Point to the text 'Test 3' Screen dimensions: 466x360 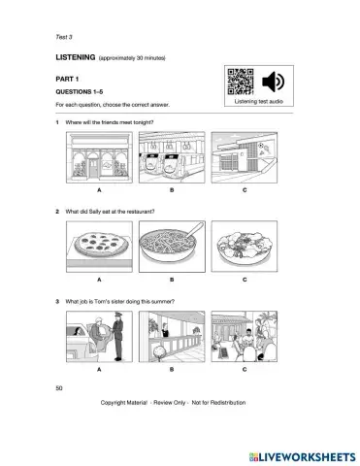[x=66, y=37]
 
